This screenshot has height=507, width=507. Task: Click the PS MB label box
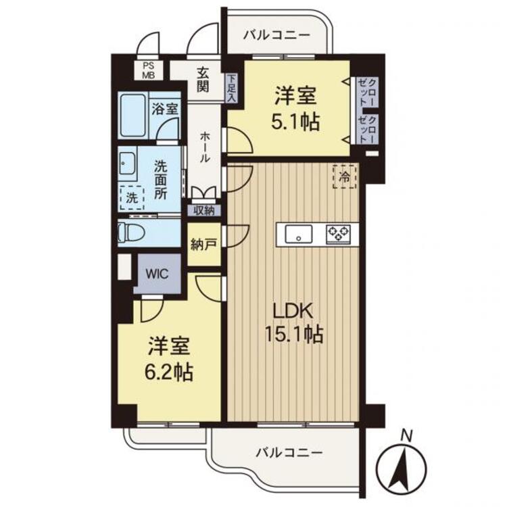(x=149, y=70)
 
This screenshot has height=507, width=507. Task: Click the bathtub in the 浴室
(x=133, y=116)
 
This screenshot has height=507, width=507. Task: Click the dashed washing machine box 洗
(x=132, y=198)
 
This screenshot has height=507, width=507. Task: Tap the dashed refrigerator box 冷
(x=345, y=176)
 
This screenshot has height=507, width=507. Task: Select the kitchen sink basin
(x=298, y=234)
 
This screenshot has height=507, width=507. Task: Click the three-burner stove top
(x=338, y=234)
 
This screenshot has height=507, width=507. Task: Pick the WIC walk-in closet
(x=157, y=274)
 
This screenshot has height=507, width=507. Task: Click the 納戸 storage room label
(x=203, y=245)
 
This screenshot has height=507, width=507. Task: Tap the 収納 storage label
(x=204, y=211)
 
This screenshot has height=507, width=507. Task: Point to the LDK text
(x=293, y=312)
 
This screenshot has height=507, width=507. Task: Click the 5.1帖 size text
(x=295, y=122)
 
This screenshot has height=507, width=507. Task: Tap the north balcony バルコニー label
(x=276, y=34)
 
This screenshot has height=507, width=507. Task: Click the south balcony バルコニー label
(x=289, y=453)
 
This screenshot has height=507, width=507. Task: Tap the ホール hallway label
(x=205, y=147)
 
